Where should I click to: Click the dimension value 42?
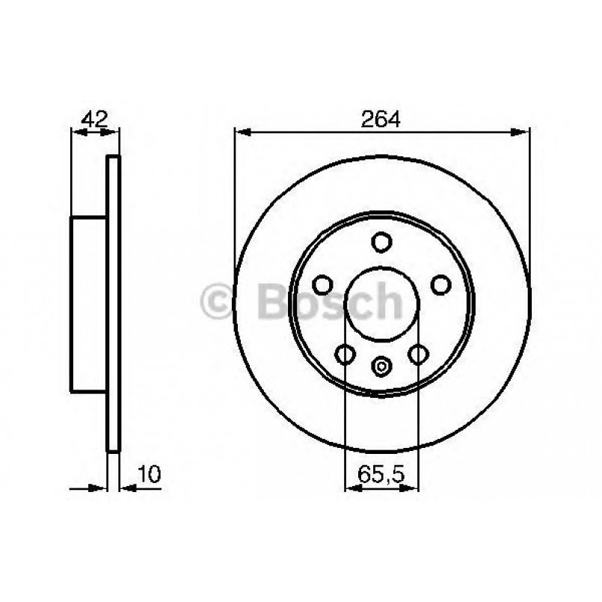[x=95, y=118]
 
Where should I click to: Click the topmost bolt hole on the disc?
[x=382, y=242]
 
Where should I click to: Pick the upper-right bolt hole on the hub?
[x=440, y=285]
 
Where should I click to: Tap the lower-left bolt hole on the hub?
[x=345, y=354]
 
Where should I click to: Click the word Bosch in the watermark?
[x=329, y=301]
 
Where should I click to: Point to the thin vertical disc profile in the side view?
[x=113, y=304]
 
